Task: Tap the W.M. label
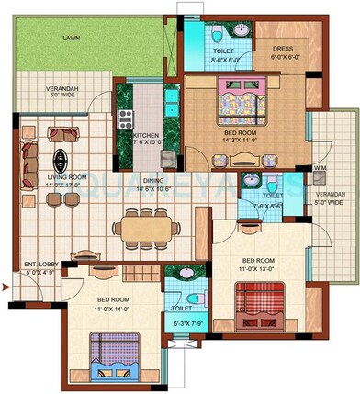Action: (319, 168)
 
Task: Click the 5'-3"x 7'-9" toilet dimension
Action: (187, 324)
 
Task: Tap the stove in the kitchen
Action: (127, 118)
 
